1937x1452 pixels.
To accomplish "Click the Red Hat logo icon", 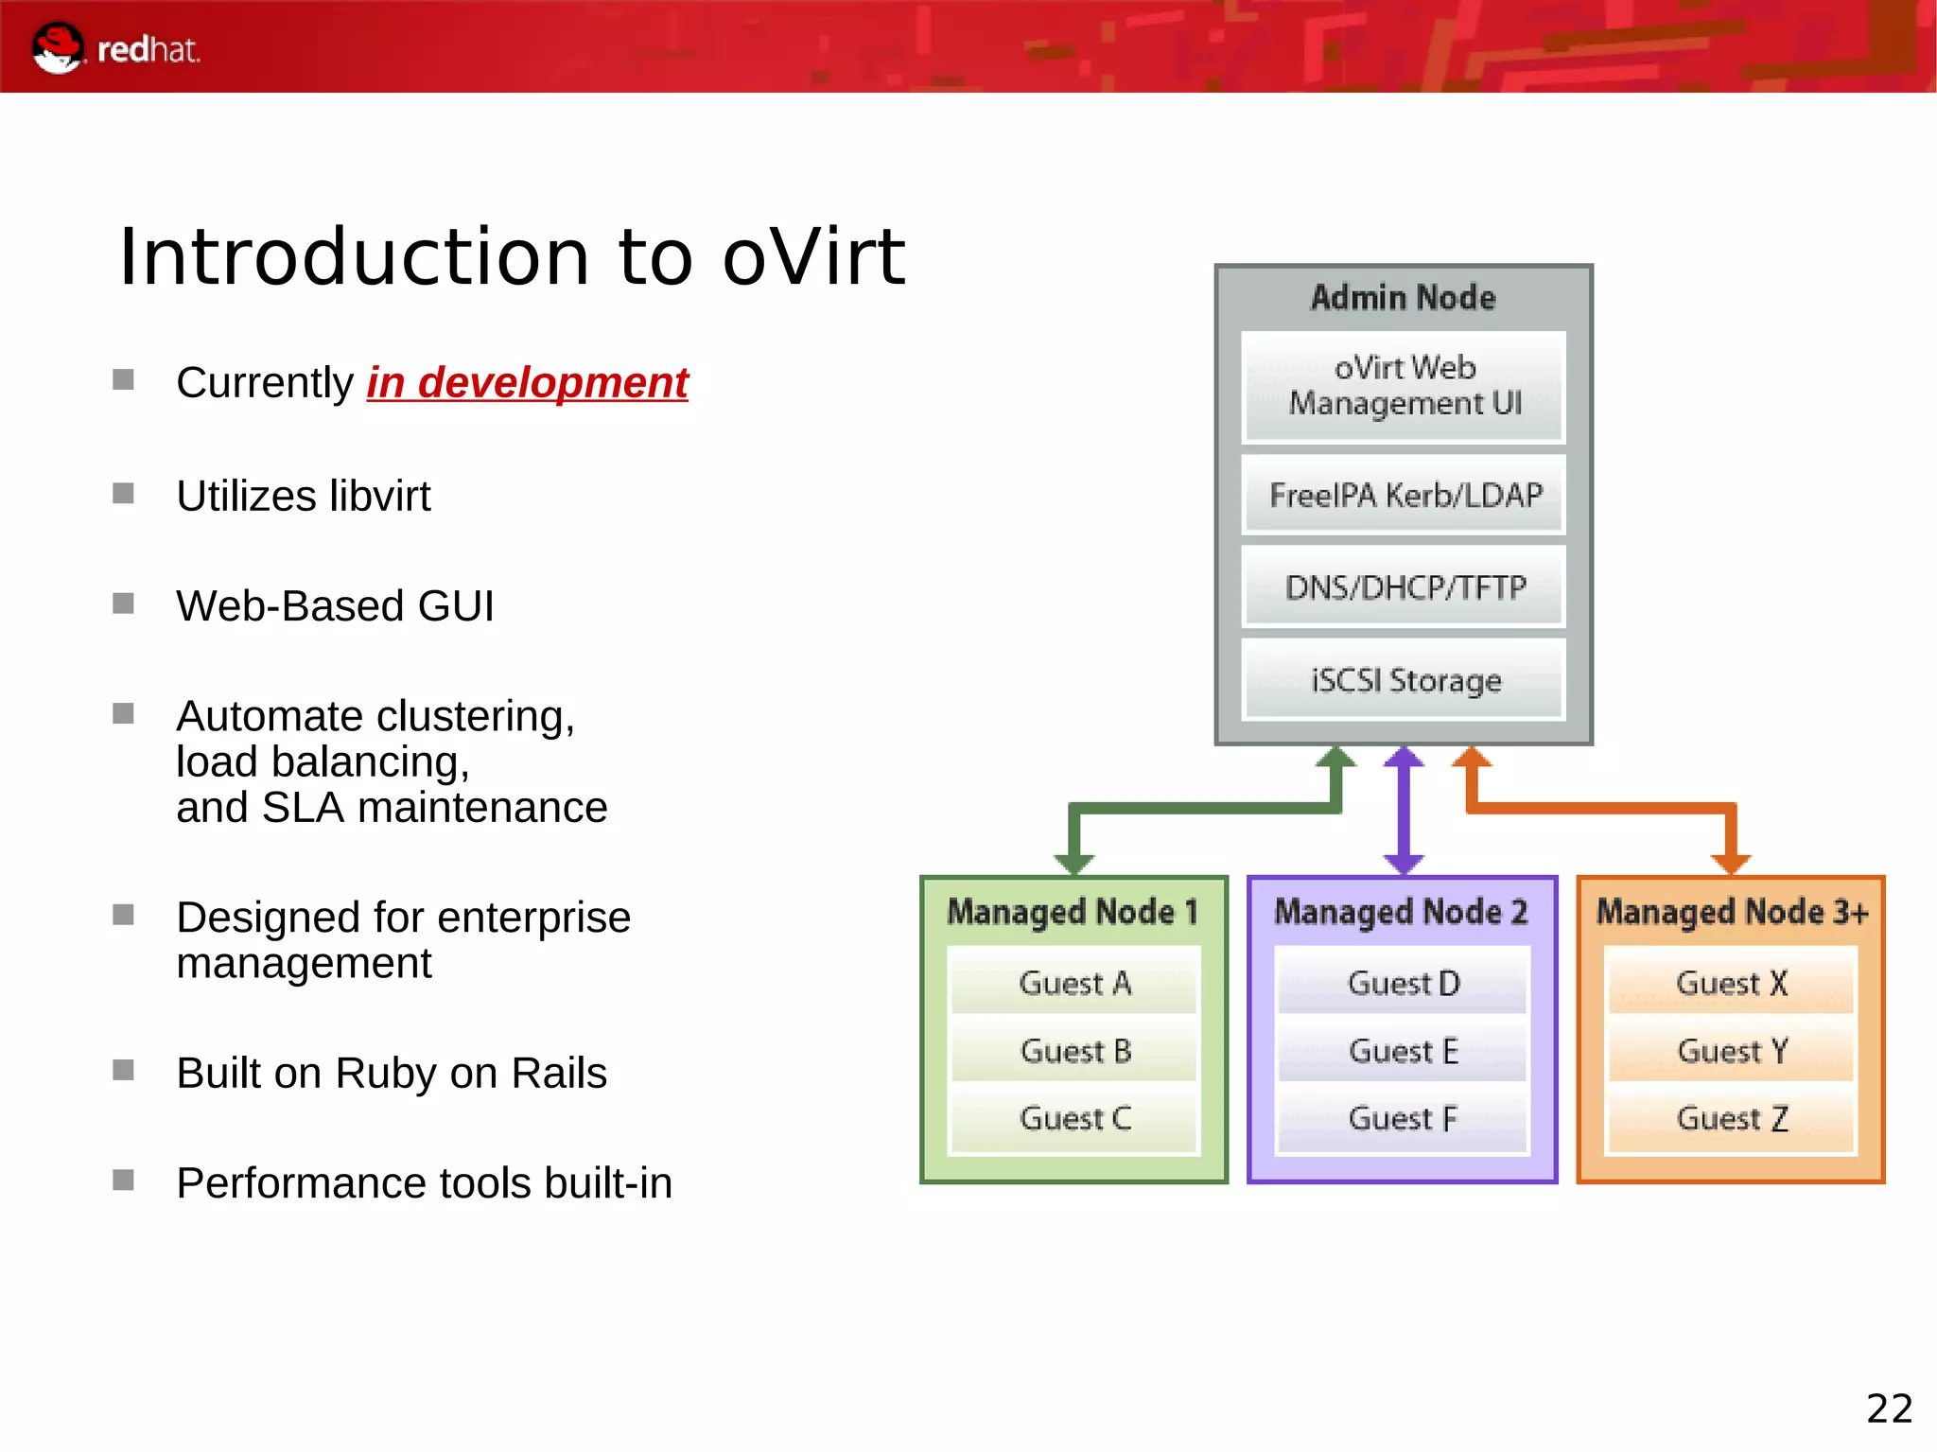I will click(x=57, y=47).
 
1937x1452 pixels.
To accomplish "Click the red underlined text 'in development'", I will click(x=527, y=383).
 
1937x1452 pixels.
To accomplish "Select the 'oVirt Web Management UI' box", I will click(x=1404, y=386).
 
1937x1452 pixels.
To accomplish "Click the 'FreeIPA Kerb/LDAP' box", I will click(x=1404, y=495).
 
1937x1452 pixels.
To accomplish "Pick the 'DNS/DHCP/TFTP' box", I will click(x=1404, y=586).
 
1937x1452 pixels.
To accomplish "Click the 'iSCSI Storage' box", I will click(x=1404, y=679).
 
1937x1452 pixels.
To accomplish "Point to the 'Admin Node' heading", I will click(x=1404, y=298).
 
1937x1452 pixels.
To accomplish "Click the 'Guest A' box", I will click(x=1074, y=983).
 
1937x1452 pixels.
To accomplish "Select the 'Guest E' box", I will click(x=1403, y=1051).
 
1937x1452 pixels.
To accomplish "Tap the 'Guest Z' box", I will click(x=1731, y=1118).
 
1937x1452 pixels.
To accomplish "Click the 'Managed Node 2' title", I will click(x=1401, y=912).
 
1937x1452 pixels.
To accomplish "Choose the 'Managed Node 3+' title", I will click(x=1731, y=912).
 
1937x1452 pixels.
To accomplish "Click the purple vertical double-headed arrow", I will click(x=1404, y=810).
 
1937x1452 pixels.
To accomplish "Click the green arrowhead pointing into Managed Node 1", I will click(x=1074, y=863).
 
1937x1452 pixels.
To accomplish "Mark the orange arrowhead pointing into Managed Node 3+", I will click(x=1731, y=863).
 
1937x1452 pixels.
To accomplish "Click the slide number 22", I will click(x=1889, y=1408).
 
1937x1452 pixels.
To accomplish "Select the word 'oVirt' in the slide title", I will click(x=813, y=257).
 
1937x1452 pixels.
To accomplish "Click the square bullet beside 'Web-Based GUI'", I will click(x=123, y=604).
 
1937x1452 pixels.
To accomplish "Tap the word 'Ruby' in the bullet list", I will click(x=385, y=1073).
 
